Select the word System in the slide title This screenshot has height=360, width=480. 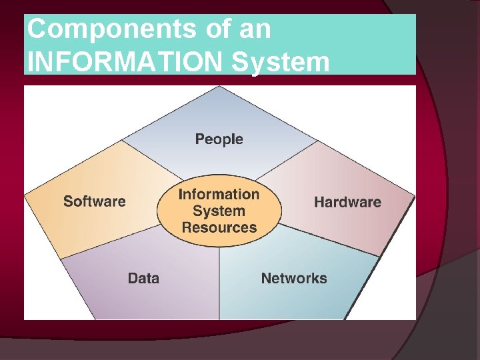(281, 61)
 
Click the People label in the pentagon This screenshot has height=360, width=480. (219, 139)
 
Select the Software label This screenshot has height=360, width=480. (94, 201)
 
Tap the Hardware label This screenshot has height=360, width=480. (347, 202)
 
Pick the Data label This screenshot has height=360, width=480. (143, 278)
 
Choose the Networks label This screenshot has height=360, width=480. (294, 278)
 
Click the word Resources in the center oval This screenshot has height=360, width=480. (219, 227)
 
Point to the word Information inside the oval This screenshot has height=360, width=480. (219, 195)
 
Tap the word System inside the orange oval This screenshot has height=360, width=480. (219, 211)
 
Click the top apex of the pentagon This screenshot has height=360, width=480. (220, 87)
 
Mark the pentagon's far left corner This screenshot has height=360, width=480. (25, 195)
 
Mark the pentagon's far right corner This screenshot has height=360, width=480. (414, 195)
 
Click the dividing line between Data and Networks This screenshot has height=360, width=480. (219, 280)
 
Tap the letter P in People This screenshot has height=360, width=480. (199, 139)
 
